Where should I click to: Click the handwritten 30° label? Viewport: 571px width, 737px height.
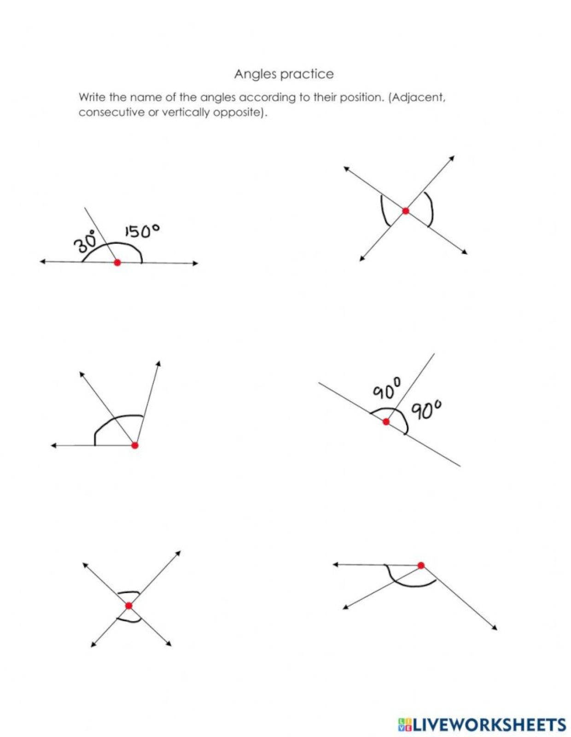[x=85, y=241]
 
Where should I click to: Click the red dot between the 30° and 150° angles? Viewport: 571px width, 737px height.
[x=117, y=263]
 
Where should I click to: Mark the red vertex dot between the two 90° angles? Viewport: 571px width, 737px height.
[x=386, y=421]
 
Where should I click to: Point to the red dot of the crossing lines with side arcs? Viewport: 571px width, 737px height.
[x=405, y=211]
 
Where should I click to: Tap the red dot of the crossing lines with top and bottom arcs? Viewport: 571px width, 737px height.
[x=129, y=606]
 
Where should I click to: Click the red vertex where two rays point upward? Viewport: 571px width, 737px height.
[x=134, y=445]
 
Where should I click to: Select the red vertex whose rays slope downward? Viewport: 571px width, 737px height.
[x=421, y=565]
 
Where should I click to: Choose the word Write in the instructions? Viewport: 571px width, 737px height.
[x=93, y=97]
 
